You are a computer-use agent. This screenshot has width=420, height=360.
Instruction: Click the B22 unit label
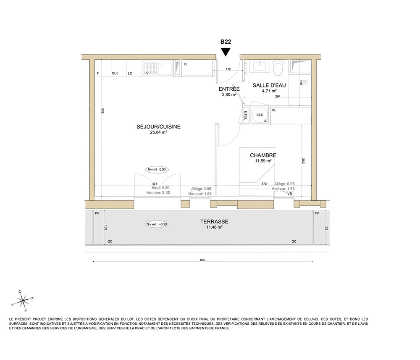pos(226,42)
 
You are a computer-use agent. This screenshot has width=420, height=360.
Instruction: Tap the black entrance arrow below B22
pos(226,52)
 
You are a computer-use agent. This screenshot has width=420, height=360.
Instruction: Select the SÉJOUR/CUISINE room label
pos(159,127)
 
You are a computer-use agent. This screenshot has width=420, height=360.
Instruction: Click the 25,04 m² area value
pos(159,132)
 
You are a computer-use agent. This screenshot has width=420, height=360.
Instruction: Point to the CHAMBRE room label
pos(263,155)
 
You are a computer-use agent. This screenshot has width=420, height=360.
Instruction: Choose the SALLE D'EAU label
pos(269,85)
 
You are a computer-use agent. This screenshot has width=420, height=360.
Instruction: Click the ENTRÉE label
pos(229,89)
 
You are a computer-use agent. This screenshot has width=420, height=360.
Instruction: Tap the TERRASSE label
pos(214,221)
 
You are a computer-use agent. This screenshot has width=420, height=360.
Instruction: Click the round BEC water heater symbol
pos(260,115)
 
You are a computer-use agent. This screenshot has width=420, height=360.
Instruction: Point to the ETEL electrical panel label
pos(246,115)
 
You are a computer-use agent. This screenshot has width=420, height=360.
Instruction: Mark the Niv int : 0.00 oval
pos(157,169)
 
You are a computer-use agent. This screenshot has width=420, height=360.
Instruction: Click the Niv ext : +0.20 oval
pos(157,224)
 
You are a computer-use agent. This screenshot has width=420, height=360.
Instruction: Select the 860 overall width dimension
pos(202,260)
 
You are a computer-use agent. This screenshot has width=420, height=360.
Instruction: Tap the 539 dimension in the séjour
pos(102,111)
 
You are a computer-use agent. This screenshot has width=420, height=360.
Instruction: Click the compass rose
pos(23,301)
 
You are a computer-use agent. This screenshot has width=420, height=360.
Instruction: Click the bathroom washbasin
pos(259,66)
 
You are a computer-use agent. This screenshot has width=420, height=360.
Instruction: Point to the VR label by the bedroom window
pos(289,194)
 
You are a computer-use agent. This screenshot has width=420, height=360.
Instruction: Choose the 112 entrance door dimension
pos(228,69)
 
